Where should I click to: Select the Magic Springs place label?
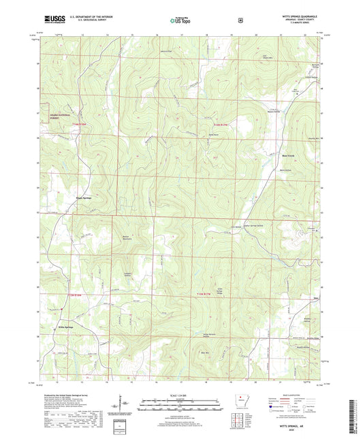[84, 198]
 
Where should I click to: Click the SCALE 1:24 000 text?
[181, 395]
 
